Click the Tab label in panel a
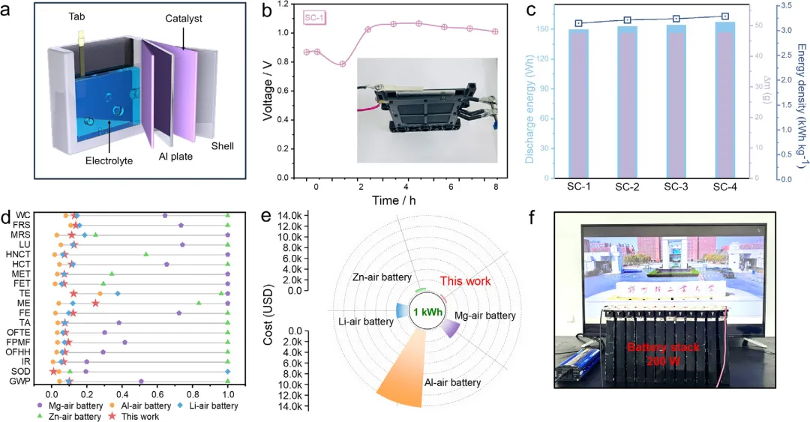pos(77,16)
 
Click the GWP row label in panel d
pos(22,382)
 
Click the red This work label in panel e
pos(465,281)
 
